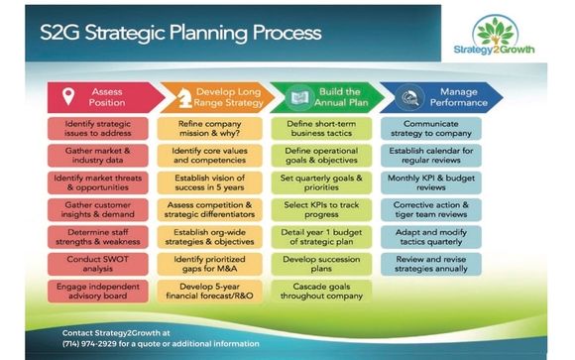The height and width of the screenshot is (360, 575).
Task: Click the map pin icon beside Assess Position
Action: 68,97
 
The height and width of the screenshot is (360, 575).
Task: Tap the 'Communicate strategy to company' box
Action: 432,129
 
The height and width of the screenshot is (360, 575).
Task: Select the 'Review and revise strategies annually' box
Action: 432,264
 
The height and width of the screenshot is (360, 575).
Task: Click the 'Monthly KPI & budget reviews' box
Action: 432,182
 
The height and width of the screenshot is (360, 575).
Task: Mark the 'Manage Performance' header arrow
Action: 451,97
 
